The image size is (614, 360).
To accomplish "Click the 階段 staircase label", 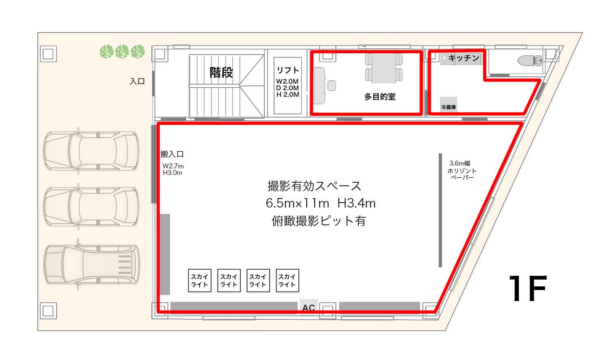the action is [x=221, y=73].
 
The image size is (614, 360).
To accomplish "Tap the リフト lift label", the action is [x=287, y=70].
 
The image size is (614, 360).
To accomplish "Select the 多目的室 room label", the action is [x=380, y=97].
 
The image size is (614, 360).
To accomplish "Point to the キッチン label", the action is [x=464, y=58].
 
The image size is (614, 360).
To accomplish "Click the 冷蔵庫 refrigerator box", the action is [x=449, y=104].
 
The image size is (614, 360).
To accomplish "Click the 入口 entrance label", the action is [x=137, y=81].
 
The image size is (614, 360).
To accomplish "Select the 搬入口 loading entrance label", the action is [x=172, y=154].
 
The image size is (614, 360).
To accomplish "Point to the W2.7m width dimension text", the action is [x=173, y=166].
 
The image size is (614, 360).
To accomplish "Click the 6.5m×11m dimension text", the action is [x=297, y=203].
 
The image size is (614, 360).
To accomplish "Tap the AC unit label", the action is [x=309, y=308].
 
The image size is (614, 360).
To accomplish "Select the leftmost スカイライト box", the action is [x=200, y=281].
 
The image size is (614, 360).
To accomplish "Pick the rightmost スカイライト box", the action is [x=287, y=281].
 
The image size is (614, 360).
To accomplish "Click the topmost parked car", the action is [x=91, y=151].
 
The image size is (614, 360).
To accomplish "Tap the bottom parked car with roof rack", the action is [x=92, y=264].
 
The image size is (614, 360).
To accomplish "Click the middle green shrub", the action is [x=122, y=52].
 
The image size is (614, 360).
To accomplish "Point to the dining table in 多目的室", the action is [x=384, y=68].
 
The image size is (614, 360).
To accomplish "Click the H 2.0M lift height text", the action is [x=287, y=95].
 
